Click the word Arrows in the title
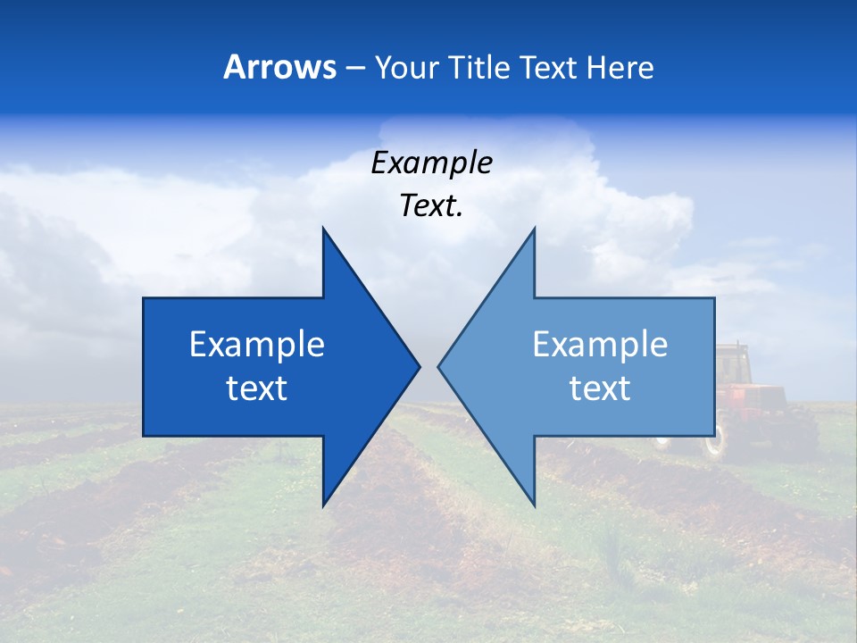tap(280, 68)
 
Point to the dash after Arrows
tap(354, 69)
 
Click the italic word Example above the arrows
tap(432, 163)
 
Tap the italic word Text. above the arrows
tap(432, 206)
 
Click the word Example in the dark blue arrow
tap(257, 345)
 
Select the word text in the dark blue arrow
tap(257, 388)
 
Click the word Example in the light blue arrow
tap(600, 345)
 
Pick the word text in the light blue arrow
tap(600, 388)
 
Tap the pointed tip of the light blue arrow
tap(439, 366)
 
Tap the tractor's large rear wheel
tap(714, 442)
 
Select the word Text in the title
tap(546, 68)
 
